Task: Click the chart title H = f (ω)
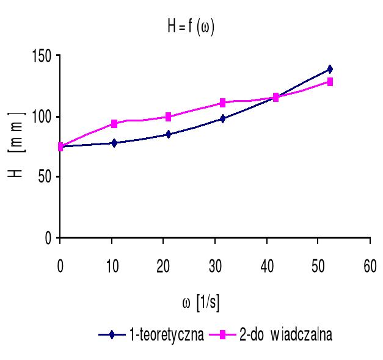point(191,27)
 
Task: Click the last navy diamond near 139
point(330,70)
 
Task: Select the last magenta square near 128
point(330,82)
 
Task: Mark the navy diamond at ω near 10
point(114,143)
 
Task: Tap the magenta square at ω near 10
point(114,124)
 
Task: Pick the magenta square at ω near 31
point(222,103)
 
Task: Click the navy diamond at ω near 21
point(168,134)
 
